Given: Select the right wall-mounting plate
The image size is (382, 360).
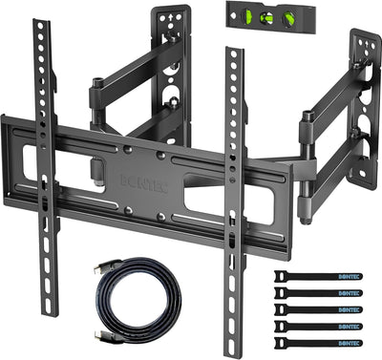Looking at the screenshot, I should pyautogui.click(x=363, y=95).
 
